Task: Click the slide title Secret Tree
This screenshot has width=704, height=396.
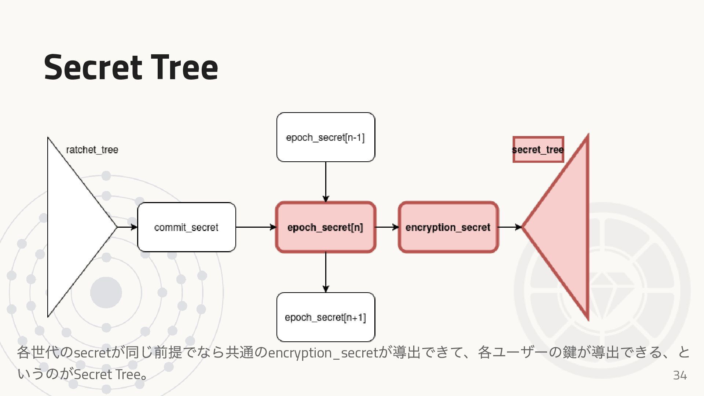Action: [131, 67]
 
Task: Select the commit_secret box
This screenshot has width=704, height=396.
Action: [186, 227]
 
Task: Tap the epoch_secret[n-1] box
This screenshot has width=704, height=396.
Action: [326, 137]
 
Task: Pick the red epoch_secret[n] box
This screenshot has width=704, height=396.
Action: [326, 227]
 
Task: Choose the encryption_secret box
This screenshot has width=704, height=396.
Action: [448, 227]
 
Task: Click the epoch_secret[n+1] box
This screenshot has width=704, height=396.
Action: [326, 317]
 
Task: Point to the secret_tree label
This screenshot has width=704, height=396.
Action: [538, 150]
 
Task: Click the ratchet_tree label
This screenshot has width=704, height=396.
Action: [92, 150]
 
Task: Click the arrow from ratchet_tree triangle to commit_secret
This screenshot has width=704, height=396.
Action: [127, 227]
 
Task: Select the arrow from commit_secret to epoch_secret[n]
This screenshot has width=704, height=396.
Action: [256, 227]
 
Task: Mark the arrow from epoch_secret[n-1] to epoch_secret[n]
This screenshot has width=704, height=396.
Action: [326, 181]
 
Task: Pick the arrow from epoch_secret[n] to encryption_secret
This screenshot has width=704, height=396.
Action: [387, 227]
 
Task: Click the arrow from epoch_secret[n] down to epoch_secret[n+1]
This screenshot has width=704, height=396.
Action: [326, 272]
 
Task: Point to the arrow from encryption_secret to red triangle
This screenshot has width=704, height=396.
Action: [510, 227]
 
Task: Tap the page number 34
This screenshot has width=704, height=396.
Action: [679, 375]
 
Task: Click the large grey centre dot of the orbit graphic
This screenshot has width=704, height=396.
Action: [106, 293]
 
